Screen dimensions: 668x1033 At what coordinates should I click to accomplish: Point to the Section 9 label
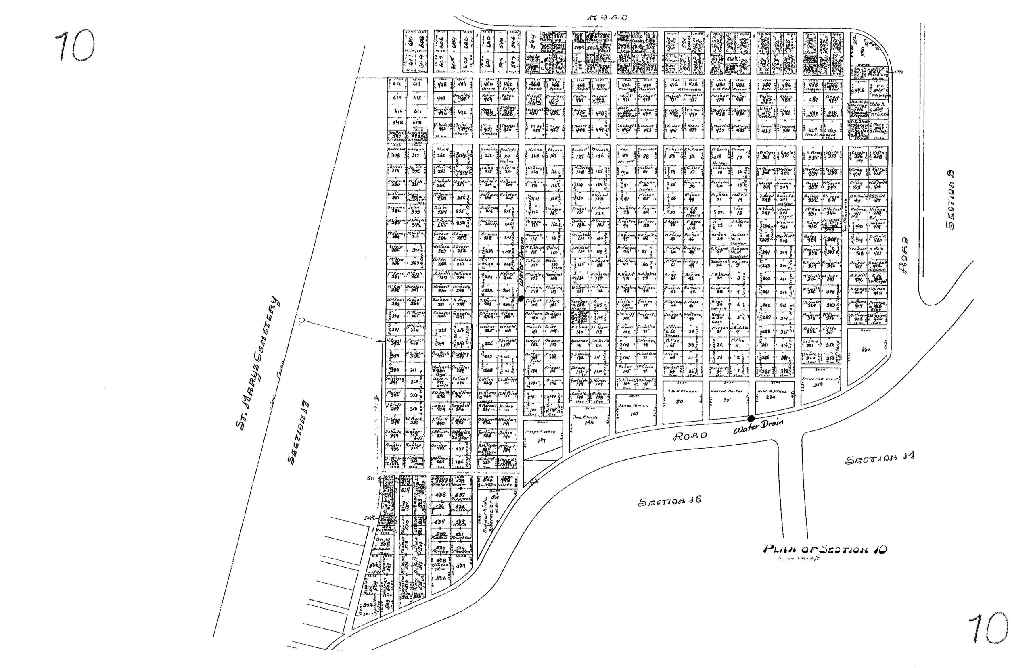click(x=950, y=200)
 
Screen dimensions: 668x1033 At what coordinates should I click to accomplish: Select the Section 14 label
click(x=879, y=459)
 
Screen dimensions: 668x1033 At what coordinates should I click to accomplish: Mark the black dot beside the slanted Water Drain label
click(x=751, y=419)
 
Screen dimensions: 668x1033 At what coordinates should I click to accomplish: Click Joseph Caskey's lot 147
click(x=542, y=438)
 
